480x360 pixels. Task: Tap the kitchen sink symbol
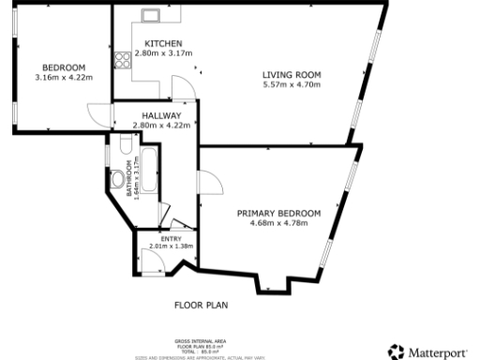coord(148,15)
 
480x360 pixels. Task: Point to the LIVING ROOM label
coord(292,75)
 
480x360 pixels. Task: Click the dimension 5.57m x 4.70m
coord(292,84)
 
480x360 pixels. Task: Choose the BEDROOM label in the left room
coord(64,67)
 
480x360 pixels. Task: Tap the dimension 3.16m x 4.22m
coord(64,77)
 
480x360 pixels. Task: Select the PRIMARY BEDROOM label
coord(278,214)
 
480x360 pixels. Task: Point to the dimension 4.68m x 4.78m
coord(278,223)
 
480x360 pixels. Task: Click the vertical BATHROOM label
coord(129,178)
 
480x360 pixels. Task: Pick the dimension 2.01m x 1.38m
coord(171,247)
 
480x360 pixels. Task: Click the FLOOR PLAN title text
coord(201,305)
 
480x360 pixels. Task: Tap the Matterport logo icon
coord(396,351)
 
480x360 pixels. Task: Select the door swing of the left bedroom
coord(99,113)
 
